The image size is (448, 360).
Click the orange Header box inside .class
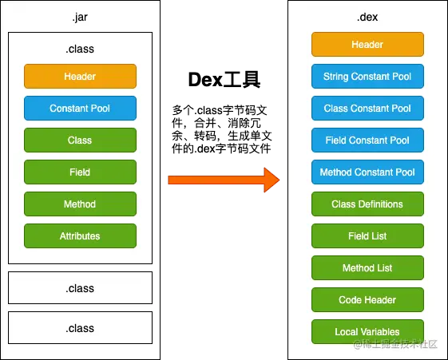(81, 76)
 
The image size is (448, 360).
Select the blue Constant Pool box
(81, 109)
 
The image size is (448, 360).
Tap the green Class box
(81, 140)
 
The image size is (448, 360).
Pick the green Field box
(81, 172)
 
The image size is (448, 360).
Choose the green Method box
(81, 204)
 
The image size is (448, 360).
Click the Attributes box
(81, 236)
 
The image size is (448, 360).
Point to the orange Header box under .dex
(367, 44)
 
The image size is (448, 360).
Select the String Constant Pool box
(367, 76)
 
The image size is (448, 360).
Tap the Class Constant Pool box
(367, 109)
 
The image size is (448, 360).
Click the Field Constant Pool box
(367, 140)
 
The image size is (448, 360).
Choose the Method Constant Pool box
(367, 172)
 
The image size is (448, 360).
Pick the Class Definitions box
(367, 204)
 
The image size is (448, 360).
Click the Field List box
(367, 236)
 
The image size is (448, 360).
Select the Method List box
(367, 268)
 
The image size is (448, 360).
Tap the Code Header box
(367, 300)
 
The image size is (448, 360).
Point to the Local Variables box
(367, 332)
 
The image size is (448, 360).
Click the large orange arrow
(224, 180)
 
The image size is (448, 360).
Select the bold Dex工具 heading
(224, 80)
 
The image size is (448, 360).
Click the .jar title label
(80, 17)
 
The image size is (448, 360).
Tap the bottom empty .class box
(81, 328)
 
